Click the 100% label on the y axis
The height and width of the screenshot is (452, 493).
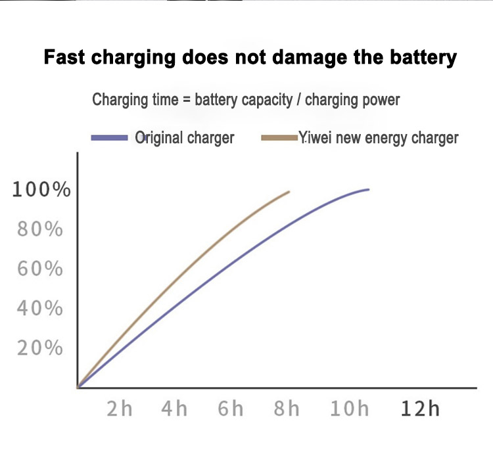41,191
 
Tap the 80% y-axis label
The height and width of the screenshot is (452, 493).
41,230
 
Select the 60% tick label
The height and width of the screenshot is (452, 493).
41,269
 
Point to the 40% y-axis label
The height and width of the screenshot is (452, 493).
41,309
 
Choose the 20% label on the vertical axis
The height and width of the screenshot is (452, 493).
41,348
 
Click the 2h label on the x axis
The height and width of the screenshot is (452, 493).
120,409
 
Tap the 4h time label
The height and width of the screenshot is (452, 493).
174,409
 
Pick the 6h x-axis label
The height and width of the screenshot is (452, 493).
231,409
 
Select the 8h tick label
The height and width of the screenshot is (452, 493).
286,409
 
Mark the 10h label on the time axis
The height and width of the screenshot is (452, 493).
349,409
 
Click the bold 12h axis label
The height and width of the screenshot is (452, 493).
419,409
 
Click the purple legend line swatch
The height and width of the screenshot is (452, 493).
109,138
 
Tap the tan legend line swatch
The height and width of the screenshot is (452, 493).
279,138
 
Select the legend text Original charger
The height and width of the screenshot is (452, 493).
185,138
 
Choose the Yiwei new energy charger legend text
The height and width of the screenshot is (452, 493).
379,138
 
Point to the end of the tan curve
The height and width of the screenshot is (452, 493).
289,192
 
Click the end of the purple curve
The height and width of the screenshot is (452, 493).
368,189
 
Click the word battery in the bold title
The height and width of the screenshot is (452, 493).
421,58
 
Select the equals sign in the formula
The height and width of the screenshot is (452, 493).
186,101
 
